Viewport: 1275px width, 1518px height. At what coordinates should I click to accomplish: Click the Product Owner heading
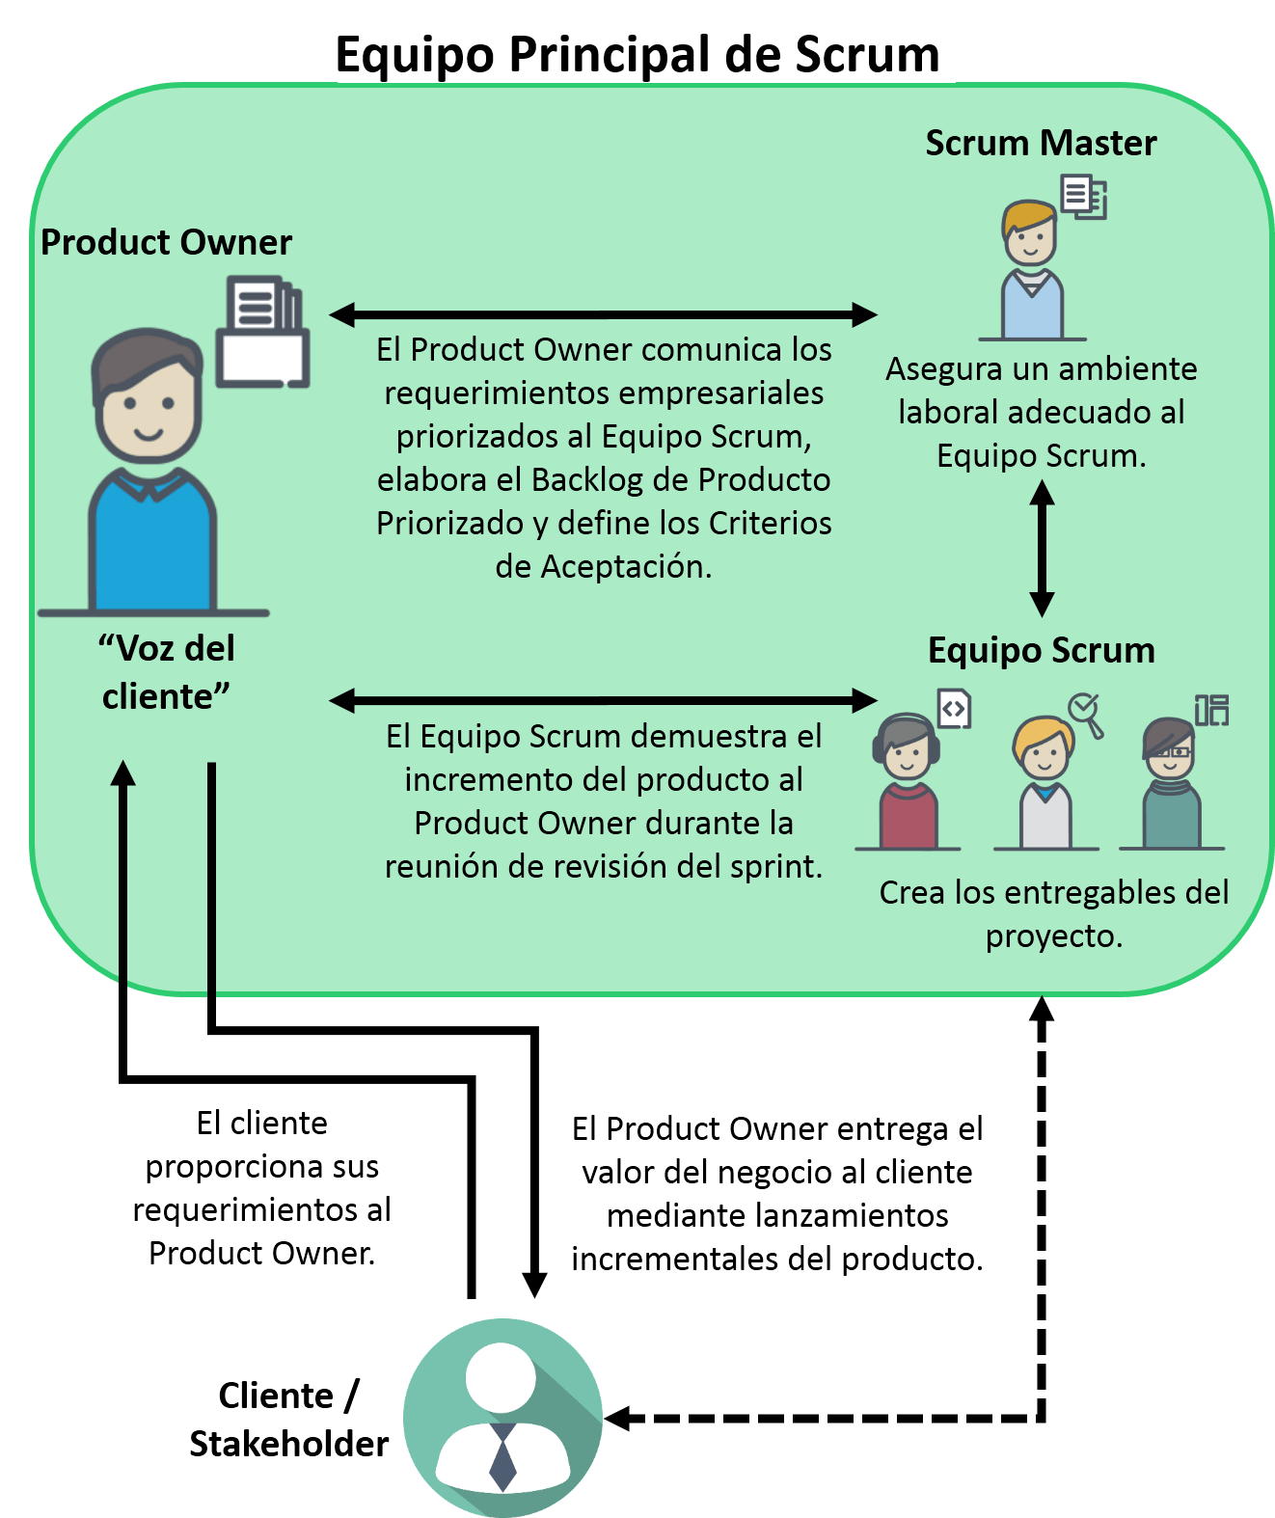(166, 242)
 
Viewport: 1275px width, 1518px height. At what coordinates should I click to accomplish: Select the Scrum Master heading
(1041, 144)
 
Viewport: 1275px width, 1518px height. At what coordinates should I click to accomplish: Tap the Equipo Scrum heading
(1041, 650)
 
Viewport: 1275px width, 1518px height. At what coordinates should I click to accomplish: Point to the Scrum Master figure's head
(1029, 233)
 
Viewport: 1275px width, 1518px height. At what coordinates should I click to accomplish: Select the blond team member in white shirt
(1044, 783)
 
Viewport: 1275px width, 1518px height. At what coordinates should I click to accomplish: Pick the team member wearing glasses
(1170, 783)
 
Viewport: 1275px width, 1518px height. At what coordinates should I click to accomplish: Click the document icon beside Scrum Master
(1083, 197)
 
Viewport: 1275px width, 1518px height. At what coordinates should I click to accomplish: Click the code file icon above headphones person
(954, 709)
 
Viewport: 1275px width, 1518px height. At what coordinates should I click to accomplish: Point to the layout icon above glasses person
(1211, 710)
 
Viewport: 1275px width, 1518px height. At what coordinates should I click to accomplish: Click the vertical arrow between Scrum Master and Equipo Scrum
(1042, 548)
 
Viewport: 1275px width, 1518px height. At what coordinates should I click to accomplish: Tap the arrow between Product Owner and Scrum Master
(603, 314)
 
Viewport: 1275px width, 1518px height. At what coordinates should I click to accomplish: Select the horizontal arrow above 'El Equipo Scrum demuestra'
(603, 700)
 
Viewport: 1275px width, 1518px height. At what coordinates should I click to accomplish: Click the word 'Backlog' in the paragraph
(586, 479)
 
